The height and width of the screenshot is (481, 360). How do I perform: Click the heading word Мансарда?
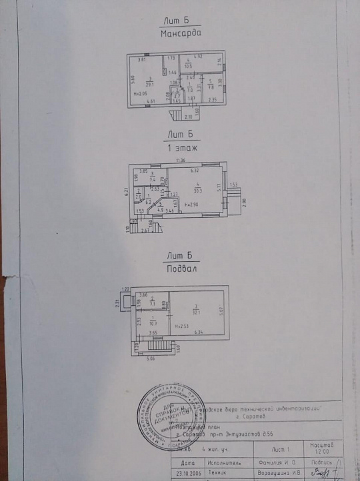click(x=181, y=32)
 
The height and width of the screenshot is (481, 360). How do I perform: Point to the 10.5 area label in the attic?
click(x=189, y=65)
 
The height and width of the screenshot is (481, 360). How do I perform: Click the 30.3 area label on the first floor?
click(x=198, y=190)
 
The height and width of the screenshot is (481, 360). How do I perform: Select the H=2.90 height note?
click(x=193, y=205)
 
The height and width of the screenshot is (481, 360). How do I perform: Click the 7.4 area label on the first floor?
click(x=153, y=179)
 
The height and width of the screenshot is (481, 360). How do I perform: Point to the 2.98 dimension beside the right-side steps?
click(x=243, y=203)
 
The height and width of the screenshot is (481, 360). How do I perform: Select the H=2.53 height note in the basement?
click(x=181, y=326)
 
